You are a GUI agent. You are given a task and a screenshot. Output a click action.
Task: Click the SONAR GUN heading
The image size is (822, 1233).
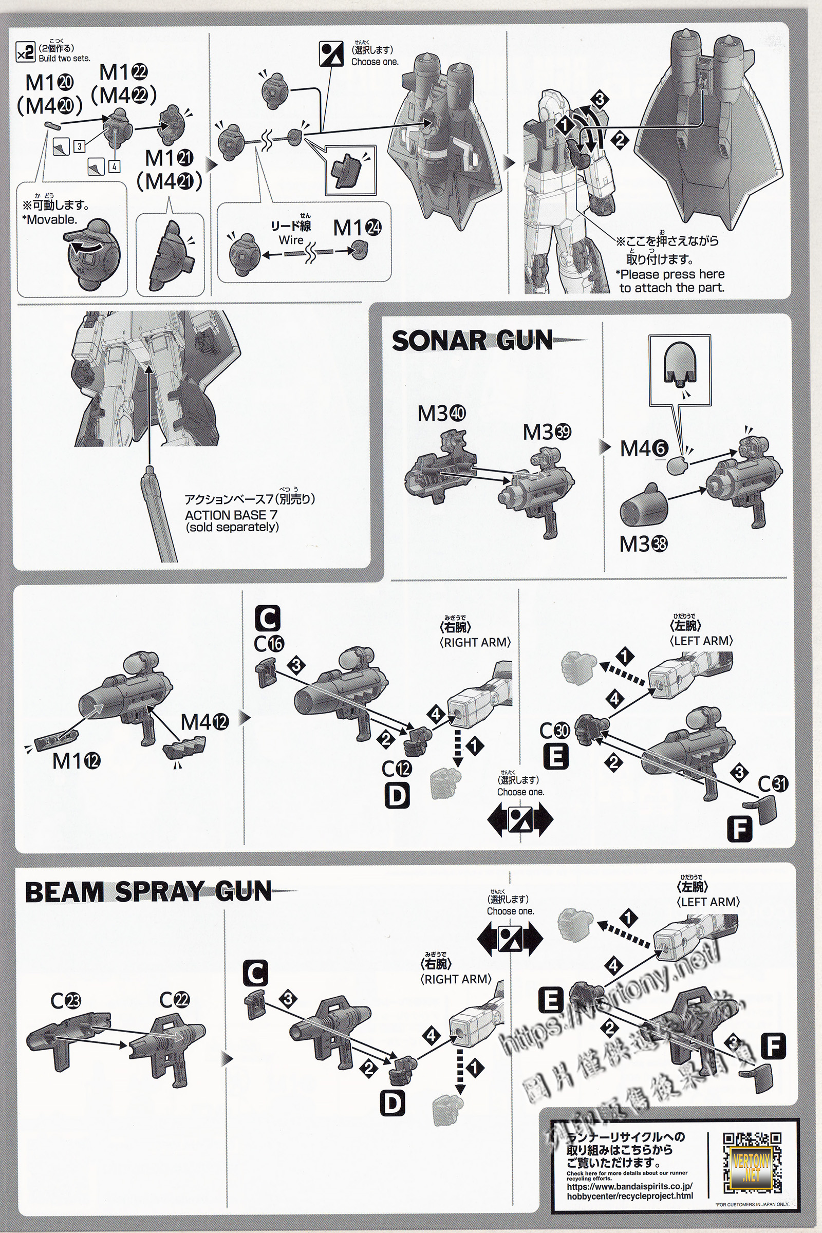coord(472,341)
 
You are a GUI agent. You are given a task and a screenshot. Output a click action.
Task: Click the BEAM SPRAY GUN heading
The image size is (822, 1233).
coord(148,892)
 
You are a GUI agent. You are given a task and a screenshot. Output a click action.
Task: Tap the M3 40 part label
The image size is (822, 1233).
coord(441,414)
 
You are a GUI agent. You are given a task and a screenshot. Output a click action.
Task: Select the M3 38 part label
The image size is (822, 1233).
coord(643,544)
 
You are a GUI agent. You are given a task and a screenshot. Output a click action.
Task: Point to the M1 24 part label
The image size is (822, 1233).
coord(357,228)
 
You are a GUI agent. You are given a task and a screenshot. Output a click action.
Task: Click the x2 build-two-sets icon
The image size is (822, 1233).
coord(25,53)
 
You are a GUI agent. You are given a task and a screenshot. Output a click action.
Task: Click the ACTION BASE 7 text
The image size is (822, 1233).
coord(231,515)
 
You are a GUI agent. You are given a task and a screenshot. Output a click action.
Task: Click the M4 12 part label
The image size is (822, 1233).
coord(204,722)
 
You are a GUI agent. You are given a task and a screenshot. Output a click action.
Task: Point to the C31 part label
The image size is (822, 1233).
coord(773,784)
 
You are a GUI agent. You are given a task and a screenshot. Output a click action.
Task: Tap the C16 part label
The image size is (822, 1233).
coord(269,643)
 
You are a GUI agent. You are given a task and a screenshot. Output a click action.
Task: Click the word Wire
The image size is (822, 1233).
coord(291,240)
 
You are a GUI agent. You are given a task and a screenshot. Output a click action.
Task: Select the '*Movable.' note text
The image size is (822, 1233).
coord(50,220)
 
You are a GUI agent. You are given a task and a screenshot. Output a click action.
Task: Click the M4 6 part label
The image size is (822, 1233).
coord(644,448)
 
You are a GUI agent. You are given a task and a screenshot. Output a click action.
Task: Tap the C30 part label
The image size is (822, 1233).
coord(555,730)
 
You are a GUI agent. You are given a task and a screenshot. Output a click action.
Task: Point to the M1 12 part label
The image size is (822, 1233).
coord(76,761)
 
